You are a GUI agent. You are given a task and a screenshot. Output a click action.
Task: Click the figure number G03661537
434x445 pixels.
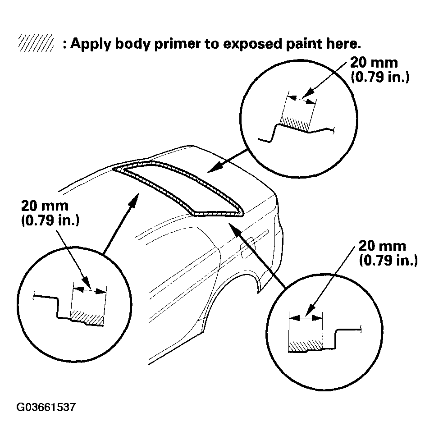[46, 408]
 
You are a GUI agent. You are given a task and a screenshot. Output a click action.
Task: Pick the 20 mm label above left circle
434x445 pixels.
[45, 206]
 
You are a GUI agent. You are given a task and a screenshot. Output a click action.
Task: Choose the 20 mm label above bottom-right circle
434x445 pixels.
[382, 247]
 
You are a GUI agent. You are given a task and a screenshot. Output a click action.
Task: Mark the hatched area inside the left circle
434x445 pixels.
[87, 315]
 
